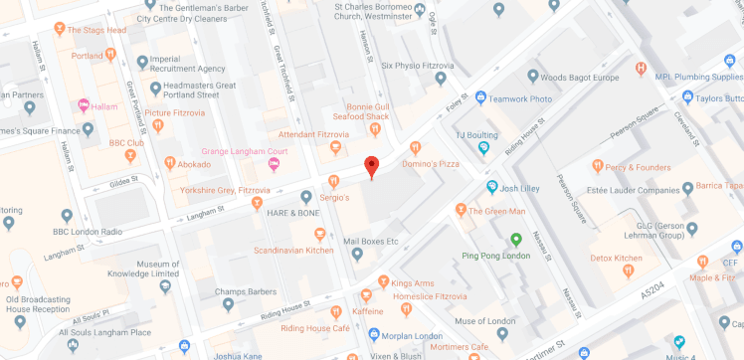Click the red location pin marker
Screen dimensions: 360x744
(372, 167)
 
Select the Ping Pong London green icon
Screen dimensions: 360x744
(515, 239)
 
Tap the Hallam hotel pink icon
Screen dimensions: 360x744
(85, 105)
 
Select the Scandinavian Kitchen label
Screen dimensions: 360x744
(293, 250)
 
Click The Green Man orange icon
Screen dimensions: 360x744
(461, 209)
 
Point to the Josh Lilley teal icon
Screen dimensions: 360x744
(491, 187)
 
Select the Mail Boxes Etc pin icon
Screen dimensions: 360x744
(357, 255)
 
